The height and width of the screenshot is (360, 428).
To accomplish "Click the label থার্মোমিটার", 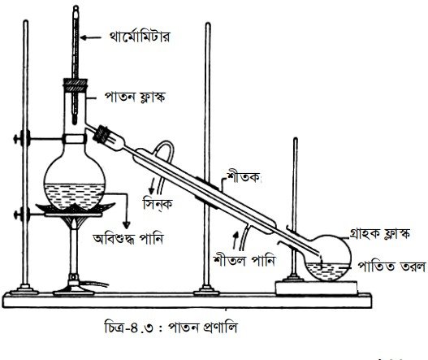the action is pyautogui.click(x=139, y=37).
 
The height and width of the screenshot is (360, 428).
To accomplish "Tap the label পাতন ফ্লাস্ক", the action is pyautogui.click(x=135, y=98).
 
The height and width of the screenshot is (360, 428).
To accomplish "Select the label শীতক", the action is pyautogui.click(x=243, y=177).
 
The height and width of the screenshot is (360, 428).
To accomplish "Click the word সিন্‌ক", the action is pyautogui.click(x=158, y=203).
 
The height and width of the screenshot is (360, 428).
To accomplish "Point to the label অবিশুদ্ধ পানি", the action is pyautogui.click(x=128, y=239).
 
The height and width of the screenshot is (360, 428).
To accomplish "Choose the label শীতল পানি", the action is pyautogui.click(x=244, y=260).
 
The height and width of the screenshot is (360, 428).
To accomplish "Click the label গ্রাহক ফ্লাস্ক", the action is pyautogui.click(x=380, y=233).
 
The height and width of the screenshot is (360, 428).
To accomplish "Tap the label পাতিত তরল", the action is pyautogui.click(x=391, y=266).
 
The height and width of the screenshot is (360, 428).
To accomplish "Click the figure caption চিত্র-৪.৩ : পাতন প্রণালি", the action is pyautogui.click(x=171, y=327).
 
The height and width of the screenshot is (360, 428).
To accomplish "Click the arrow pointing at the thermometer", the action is pyautogui.click(x=91, y=37).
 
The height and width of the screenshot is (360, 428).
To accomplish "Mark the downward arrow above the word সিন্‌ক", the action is pyautogui.click(x=152, y=186).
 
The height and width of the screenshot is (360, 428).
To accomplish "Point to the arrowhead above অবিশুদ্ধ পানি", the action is pyautogui.click(x=126, y=225).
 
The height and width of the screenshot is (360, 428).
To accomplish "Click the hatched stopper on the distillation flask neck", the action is pyautogui.click(x=76, y=85).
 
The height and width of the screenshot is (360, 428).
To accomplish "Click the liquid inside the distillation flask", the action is pyautogui.click(x=74, y=196).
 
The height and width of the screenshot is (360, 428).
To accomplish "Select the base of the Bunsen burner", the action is pyautogui.click(x=74, y=291).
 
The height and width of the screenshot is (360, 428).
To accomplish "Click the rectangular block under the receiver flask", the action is pyautogui.click(x=317, y=288).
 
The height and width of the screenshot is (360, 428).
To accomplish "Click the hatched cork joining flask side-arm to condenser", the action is pyautogui.click(x=101, y=134).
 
